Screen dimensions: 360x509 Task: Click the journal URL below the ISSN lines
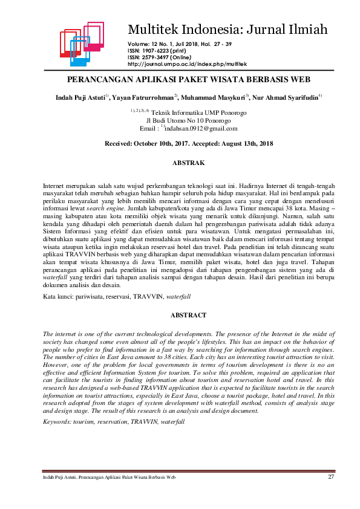pos(188,63)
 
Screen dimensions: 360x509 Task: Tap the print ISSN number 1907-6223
pos(159,50)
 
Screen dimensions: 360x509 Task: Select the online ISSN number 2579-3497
pos(159,57)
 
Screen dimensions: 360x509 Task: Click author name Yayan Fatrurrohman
pos(143,97)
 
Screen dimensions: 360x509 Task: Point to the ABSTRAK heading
pos(188,163)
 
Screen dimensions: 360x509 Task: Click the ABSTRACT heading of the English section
pos(188,315)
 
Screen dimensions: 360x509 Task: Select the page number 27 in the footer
pos(331,477)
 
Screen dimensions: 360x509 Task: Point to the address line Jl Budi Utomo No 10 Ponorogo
pos(188,120)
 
